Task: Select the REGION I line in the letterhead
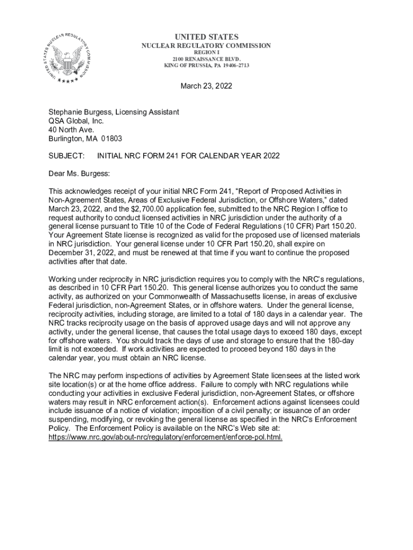[206, 53]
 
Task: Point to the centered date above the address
[206, 86]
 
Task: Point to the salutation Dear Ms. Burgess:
[79, 173]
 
